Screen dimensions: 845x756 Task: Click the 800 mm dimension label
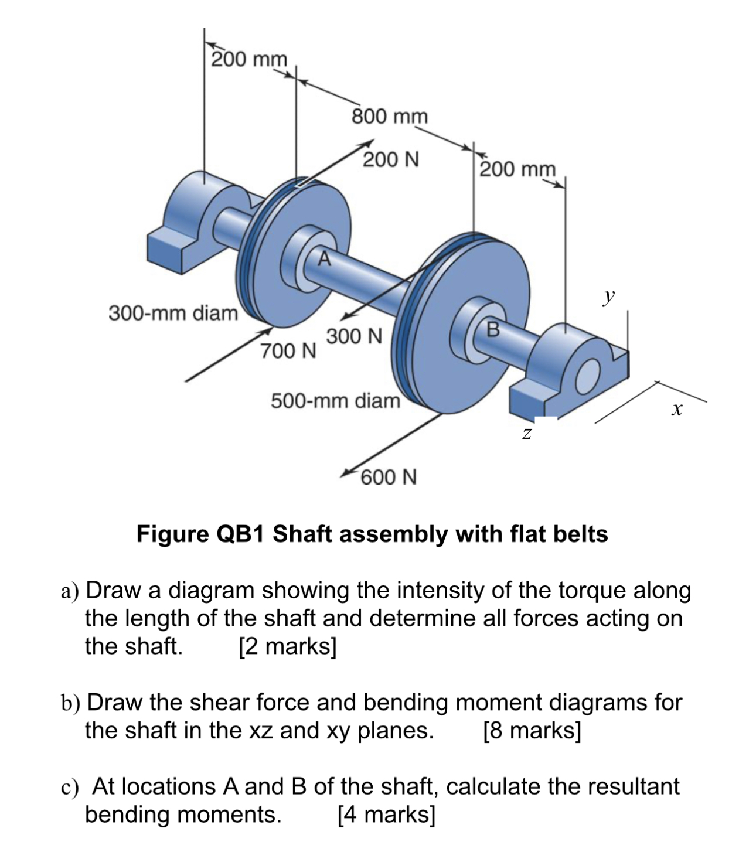click(390, 116)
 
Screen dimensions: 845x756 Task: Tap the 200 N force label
click(391, 159)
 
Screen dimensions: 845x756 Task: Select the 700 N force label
click(288, 351)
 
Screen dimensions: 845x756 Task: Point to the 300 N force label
click(354, 337)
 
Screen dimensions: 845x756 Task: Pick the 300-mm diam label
click(173, 313)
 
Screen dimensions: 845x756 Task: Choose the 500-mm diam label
click(335, 401)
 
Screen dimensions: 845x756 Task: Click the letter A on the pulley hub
click(323, 258)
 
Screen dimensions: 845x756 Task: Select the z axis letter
click(527, 434)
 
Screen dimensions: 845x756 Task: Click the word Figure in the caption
click(173, 534)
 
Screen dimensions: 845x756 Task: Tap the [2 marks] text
click(288, 646)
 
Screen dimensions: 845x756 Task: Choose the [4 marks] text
click(387, 815)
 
